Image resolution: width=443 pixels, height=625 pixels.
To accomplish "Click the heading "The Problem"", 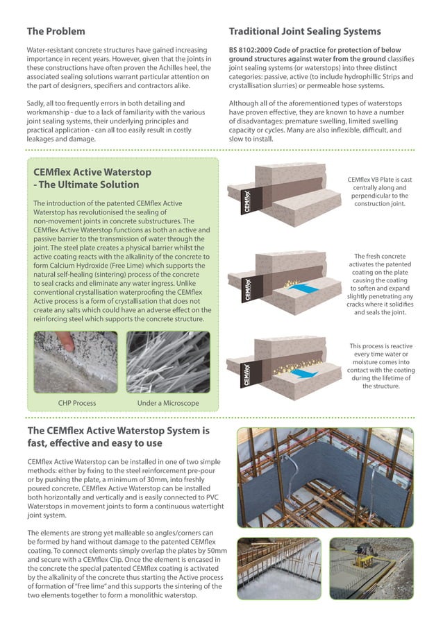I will (x=56, y=31).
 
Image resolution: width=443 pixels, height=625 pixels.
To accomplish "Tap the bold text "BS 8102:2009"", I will (x=256, y=51).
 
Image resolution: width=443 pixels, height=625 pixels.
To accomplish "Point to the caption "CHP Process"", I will (x=76, y=403).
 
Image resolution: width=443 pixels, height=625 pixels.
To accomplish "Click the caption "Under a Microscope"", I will (x=168, y=403).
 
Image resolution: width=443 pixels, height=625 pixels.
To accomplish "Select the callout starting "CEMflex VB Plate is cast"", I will (x=381, y=191).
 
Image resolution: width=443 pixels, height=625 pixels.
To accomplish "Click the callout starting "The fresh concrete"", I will (x=381, y=284).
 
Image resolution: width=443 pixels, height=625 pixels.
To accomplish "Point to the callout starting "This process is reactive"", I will (x=381, y=366).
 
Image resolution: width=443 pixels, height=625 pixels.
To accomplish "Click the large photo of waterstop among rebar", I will (x=325, y=477).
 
